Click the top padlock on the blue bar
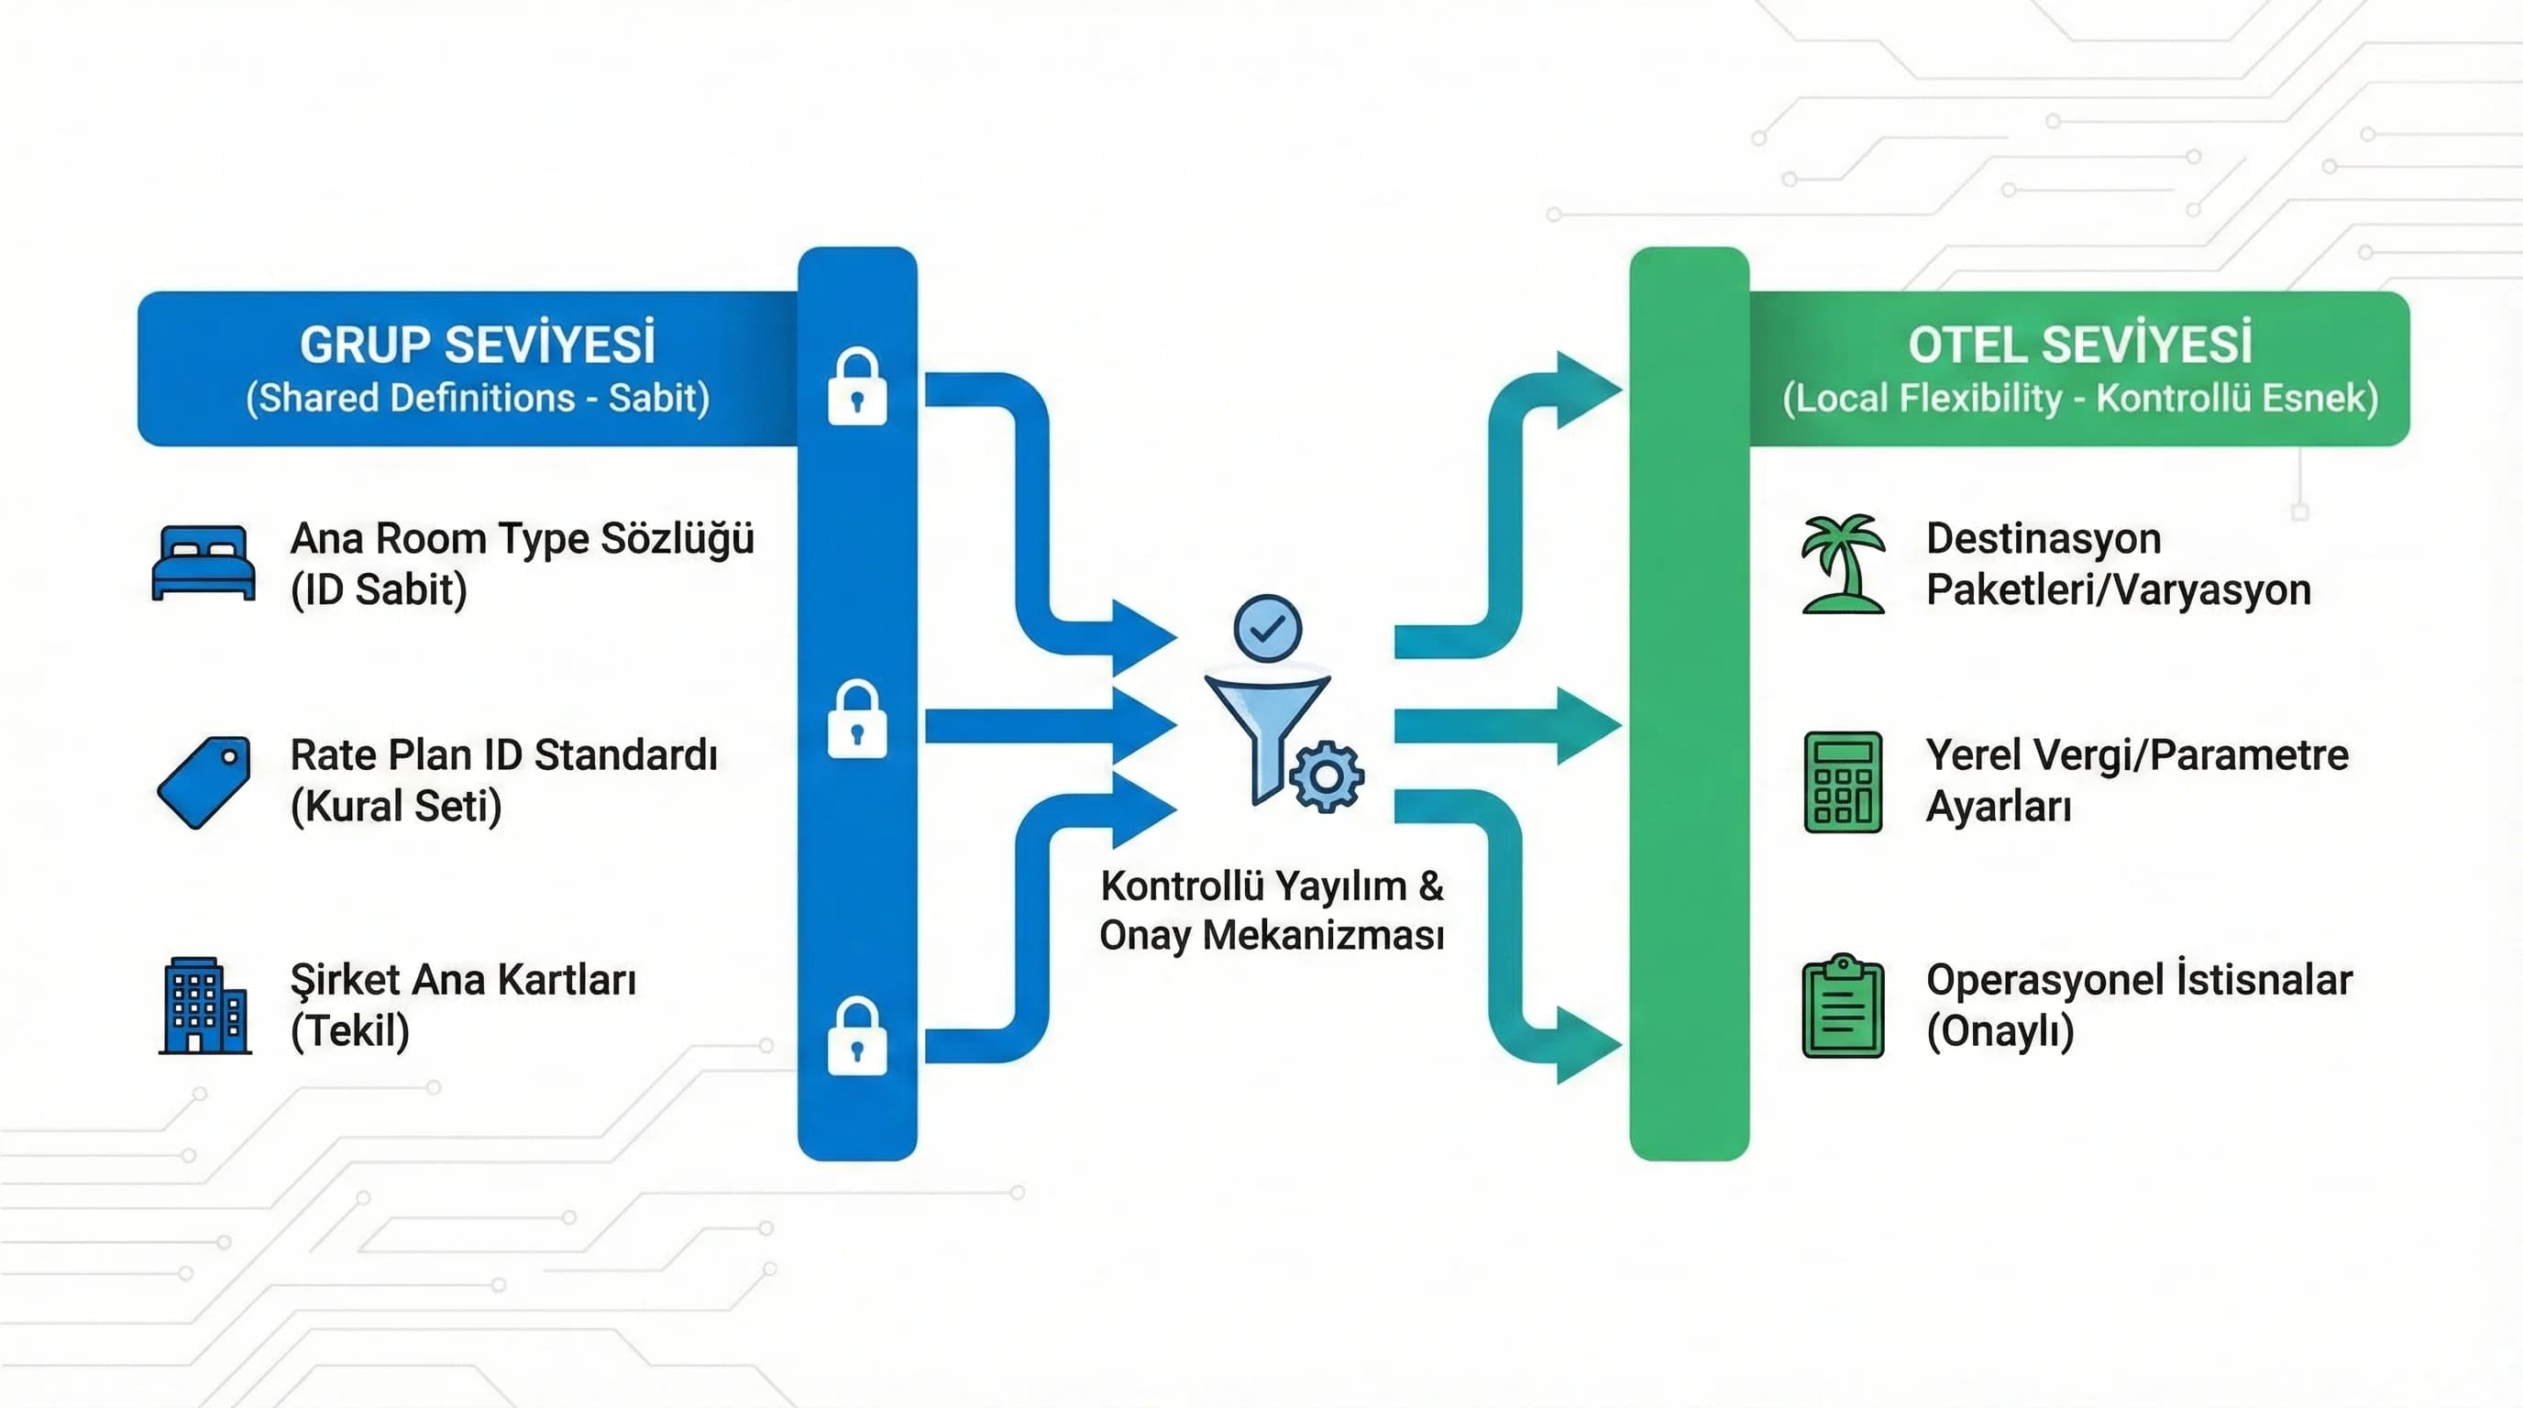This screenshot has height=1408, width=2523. tap(857, 388)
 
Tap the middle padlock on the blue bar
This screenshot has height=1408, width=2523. tap(857, 720)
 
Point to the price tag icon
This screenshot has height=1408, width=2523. tap(204, 782)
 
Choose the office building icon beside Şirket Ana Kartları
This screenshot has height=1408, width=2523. tap(204, 1006)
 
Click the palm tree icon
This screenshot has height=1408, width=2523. tap(1844, 564)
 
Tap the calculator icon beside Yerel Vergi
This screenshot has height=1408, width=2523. tap(1843, 782)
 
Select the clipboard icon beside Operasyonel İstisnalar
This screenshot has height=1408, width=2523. tap(1843, 1006)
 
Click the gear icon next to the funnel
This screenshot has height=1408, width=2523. tap(1328, 777)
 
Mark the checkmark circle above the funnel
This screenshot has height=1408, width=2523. tap(1267, 629)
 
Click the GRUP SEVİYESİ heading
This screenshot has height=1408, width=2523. tap(477, 345)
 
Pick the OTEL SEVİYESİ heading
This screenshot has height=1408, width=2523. tap(2079, 345)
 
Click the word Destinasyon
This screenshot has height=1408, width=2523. tap(2044, 538)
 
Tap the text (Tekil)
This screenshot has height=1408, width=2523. tap(349, 1031)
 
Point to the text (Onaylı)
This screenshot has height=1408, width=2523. tap(2000, 1031)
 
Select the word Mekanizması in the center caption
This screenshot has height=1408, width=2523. tap(1323, 935)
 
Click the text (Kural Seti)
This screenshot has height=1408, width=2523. tap(396, 807)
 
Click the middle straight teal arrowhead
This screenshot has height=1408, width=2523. tap(1587, 725)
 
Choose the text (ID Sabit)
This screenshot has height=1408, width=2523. tap(378, 589)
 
